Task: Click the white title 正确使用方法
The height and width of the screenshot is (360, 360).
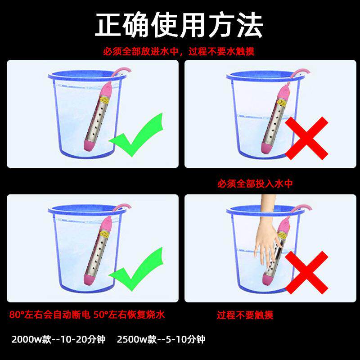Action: tap(179, 26)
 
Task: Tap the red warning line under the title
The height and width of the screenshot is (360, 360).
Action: tap(179, 51)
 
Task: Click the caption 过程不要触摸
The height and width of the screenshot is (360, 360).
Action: tap(245, 315)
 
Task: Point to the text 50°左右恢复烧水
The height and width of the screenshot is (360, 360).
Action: tap(129, 315)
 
